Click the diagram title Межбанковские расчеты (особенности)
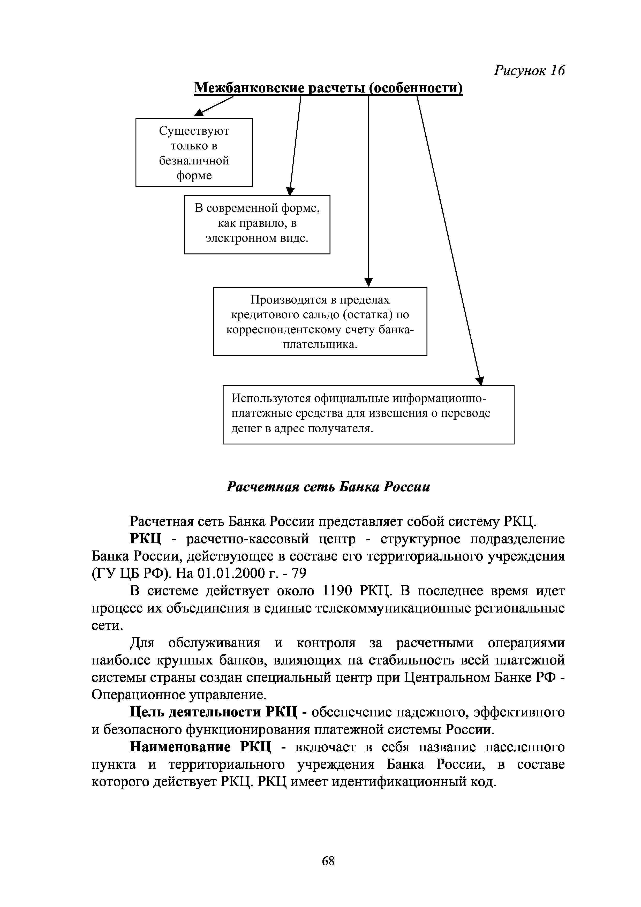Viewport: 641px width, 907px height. click(x=328, y=88)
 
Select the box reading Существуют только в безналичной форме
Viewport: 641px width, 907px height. click(x=194, y=152)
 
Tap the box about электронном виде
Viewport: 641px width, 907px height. click(x=257, y=224)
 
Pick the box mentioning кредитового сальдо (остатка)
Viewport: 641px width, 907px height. click(x=320, y=321)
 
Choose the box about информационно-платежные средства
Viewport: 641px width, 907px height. click(x=368, y=414)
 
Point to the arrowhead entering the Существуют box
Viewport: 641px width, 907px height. click(x=199, y=113)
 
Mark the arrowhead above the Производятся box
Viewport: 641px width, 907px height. click(x=368, y=282)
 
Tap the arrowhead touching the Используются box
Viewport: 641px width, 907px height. click(x=480, y=381)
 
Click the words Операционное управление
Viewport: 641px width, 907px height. click(x=177, y=695)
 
